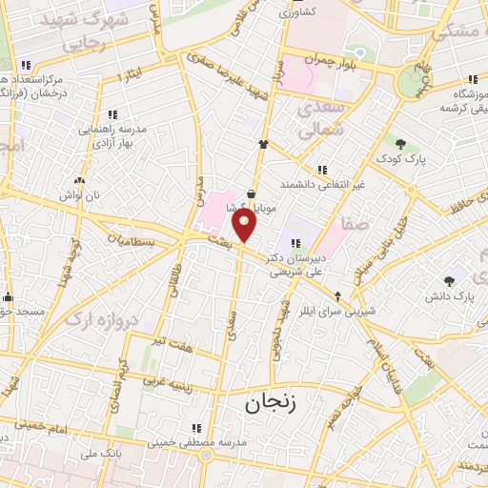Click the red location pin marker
[x=245, y=225]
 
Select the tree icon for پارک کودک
[x=400, y=144]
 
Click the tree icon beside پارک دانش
[x=449, y=281]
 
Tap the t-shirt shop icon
[x=262, y=144]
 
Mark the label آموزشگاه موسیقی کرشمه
[x=450, y=99]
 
